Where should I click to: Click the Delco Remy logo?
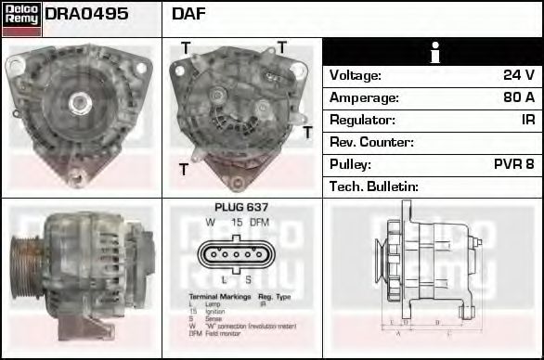click(21, 19)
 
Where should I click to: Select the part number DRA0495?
click(86, 15)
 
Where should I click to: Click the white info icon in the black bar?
click(434, 52)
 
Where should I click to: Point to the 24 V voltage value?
click(517, 75)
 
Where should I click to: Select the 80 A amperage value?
click(517, 97)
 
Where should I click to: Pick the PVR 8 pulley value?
click(513, 164)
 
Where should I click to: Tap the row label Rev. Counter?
click(372, 142)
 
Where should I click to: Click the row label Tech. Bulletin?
click(374, 186)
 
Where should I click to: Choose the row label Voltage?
click(356, 75)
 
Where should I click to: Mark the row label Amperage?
click(365, 97)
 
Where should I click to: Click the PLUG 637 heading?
click(241, 208)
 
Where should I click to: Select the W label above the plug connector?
click(211, 223)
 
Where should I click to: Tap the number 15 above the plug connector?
click(236, 223)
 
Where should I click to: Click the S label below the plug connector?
click(249, 279)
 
